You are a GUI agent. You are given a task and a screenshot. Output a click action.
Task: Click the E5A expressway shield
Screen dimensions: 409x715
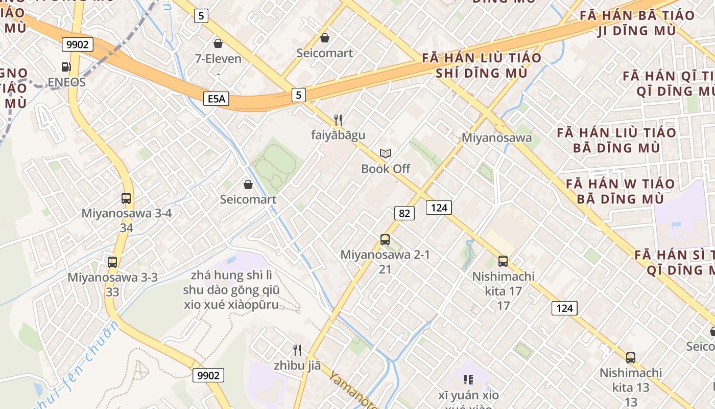point(216,98)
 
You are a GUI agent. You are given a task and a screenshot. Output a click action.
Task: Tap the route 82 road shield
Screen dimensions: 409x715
point(404,213)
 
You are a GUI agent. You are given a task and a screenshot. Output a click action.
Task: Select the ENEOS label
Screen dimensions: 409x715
point(66,82)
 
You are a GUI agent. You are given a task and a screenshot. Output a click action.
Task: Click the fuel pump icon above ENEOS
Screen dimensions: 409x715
point(66,66)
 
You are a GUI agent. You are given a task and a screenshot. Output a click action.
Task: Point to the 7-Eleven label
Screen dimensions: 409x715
point(218,59)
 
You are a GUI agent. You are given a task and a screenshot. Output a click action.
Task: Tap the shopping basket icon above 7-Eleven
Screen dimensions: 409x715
point(218,43)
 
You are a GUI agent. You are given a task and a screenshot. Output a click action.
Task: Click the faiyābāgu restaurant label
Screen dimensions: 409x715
point(338,135)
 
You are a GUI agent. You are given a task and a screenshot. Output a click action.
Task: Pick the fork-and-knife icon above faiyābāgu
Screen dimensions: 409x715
point(338,120)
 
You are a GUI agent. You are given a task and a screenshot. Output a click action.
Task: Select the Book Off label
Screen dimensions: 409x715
point(386,168)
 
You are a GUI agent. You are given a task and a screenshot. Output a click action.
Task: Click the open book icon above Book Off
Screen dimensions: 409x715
point(386,153)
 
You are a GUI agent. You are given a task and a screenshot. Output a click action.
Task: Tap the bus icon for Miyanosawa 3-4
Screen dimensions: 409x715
point(126,198)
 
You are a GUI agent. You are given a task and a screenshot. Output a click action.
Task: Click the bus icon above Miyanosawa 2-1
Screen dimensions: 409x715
point(385,239)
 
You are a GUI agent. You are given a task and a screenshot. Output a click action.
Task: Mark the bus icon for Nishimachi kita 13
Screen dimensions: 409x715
point(631,357)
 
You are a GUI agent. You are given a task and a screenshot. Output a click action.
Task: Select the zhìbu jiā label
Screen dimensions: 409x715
point(297,366)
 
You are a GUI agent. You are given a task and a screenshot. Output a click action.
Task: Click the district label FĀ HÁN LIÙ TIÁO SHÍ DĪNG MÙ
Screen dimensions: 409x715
point(482,65)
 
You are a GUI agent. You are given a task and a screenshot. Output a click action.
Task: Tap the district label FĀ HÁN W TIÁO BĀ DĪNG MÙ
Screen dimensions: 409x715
point(620,191)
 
